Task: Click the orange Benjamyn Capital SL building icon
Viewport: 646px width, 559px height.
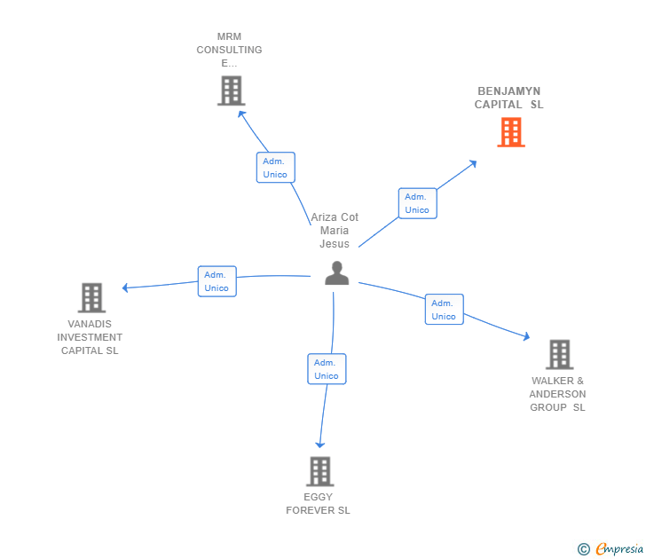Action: point(510,132)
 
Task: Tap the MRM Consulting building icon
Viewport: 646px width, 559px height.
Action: point(231,91)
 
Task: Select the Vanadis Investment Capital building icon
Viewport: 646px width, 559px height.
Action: point(91,298)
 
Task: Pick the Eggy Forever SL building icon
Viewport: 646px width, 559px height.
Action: point(319,471)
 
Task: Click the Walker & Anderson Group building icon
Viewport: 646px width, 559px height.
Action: point(559,354)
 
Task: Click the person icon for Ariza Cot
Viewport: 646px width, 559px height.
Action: point(336,273)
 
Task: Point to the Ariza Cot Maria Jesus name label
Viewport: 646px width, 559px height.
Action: point(335,231)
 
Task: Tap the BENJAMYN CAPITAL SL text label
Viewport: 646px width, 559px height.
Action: point(508,98)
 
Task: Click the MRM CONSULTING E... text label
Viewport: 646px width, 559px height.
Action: point(229,50)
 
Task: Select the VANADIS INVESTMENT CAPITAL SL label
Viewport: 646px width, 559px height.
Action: point(90,337)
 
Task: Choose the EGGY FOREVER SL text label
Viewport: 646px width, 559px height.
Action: point(318,504)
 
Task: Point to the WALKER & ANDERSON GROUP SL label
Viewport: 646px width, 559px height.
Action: point(557,394)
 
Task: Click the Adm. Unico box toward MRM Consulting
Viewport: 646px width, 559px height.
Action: point(275,168)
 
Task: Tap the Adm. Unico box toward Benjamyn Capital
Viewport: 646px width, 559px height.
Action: point(417,203)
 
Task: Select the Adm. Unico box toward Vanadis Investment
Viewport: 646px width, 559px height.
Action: point(217,281)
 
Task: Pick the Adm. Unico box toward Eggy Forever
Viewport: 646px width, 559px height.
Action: point(327,369)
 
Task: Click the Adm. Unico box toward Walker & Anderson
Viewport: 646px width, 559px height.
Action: point(444,310)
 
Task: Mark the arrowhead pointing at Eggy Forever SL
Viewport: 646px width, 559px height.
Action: point(320,445)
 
